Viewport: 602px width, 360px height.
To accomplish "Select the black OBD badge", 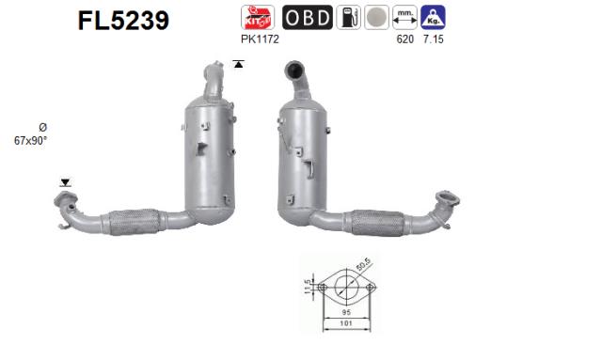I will [307, 17].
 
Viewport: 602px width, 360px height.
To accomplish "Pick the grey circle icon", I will [375, 17].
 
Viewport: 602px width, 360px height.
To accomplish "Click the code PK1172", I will [260, 39].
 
